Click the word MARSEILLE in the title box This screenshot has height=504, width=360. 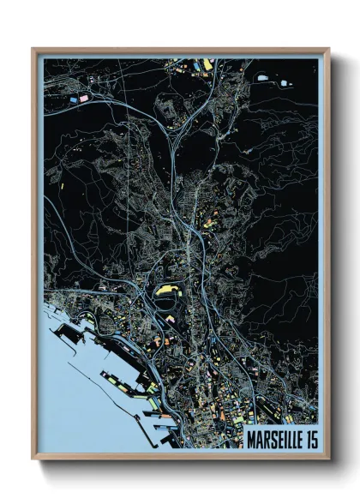(x=275, y=439)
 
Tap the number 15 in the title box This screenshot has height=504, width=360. (x=309, y=439)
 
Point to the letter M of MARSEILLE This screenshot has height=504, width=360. (x=250, y=439)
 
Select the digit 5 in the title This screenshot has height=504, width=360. (x=313, y=439)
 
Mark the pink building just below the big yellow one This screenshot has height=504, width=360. (x=169, y=318)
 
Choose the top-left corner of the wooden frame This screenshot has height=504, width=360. (x=33, y=50)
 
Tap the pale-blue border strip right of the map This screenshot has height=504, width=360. (x=321, y=257)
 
